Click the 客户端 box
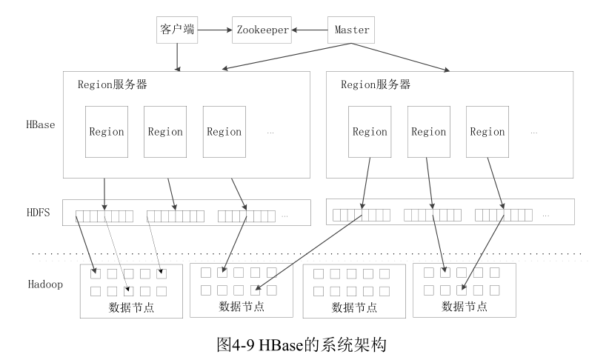coord(176,30)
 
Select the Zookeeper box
coord(262,30)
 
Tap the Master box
coord(351,30)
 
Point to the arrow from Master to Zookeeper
coord(309,30)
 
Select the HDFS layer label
coord(38,213)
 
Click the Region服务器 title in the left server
coord(113,84)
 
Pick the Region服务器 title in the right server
coord(375,84)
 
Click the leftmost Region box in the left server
coord(106,131)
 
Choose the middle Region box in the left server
coord(164,131)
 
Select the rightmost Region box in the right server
coord(487,131)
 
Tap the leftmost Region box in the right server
coord(369,131)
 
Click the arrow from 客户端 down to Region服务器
coord(177,56)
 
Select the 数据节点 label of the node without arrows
coord(353,307)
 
